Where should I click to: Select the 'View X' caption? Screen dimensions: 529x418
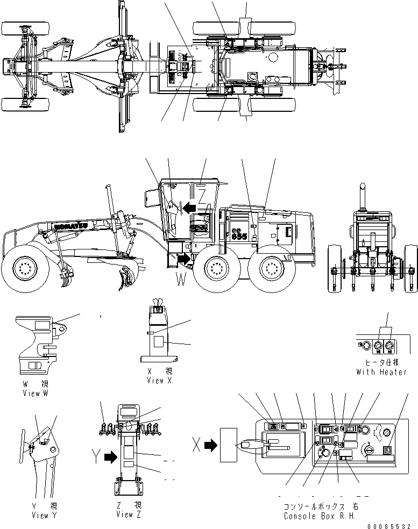160,380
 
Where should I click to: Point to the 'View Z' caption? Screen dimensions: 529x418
129,514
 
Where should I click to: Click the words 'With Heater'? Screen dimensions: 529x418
381,372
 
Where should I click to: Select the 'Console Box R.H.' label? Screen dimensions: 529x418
321,516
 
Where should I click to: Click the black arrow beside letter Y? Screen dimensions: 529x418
110,457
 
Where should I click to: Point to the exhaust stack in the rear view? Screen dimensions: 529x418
363,196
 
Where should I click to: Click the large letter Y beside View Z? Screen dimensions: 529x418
96,457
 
